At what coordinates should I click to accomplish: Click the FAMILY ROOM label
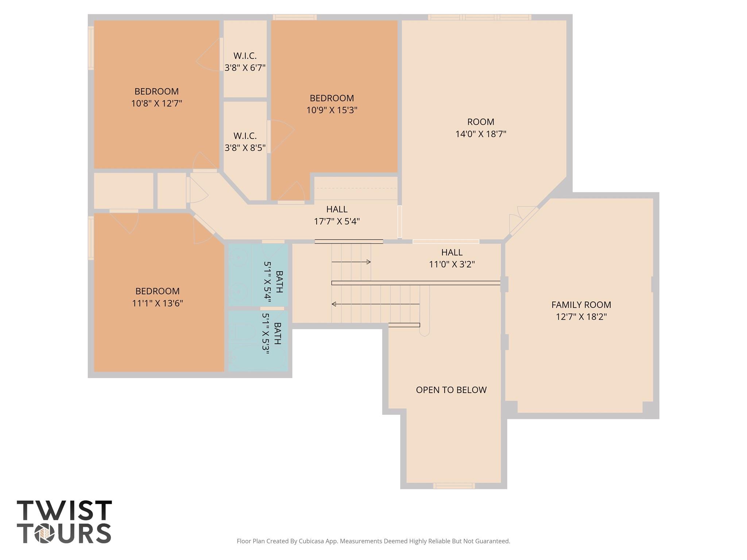pos(581,304)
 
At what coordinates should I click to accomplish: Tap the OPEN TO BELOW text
pos(451,390)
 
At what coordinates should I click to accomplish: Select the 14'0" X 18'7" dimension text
pos(481,134)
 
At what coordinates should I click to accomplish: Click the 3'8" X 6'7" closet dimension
pos(245,67)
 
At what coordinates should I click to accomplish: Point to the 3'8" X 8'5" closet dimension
pos(245,148)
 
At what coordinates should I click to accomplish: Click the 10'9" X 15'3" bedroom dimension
pos(332,110)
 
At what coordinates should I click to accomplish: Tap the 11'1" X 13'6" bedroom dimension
pos(157,303)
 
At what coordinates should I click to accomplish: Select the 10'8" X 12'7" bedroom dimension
pos(156,103)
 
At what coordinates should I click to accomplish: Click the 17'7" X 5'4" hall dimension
pos(337,221)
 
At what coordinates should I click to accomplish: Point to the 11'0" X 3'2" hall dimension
pos(452,264)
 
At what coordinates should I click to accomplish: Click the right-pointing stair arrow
pos(351,262)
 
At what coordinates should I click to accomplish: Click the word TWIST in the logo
pos(64,510)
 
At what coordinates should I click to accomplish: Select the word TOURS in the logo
pos(64,533)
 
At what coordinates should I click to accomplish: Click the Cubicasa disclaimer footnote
pos(373,541)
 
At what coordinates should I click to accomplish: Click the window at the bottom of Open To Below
pos(454,486)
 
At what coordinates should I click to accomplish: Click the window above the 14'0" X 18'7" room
pos(479,17)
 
